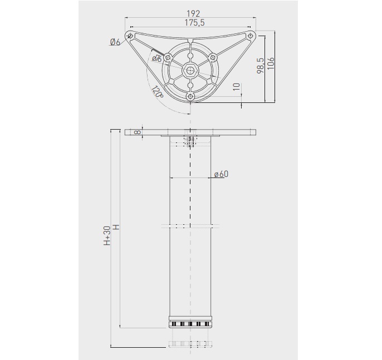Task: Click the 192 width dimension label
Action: click(193, 13)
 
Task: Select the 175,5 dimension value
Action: click(194, 23)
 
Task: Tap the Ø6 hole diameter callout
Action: click(115, 42)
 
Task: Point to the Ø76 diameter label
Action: click(156, 58)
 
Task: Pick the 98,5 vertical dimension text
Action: click(260, 66)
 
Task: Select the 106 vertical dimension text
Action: click(271, 63)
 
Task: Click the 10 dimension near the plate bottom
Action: click(237, 87)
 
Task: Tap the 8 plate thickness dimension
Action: click(138, 132)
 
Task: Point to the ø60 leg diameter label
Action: click(221, 174)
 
